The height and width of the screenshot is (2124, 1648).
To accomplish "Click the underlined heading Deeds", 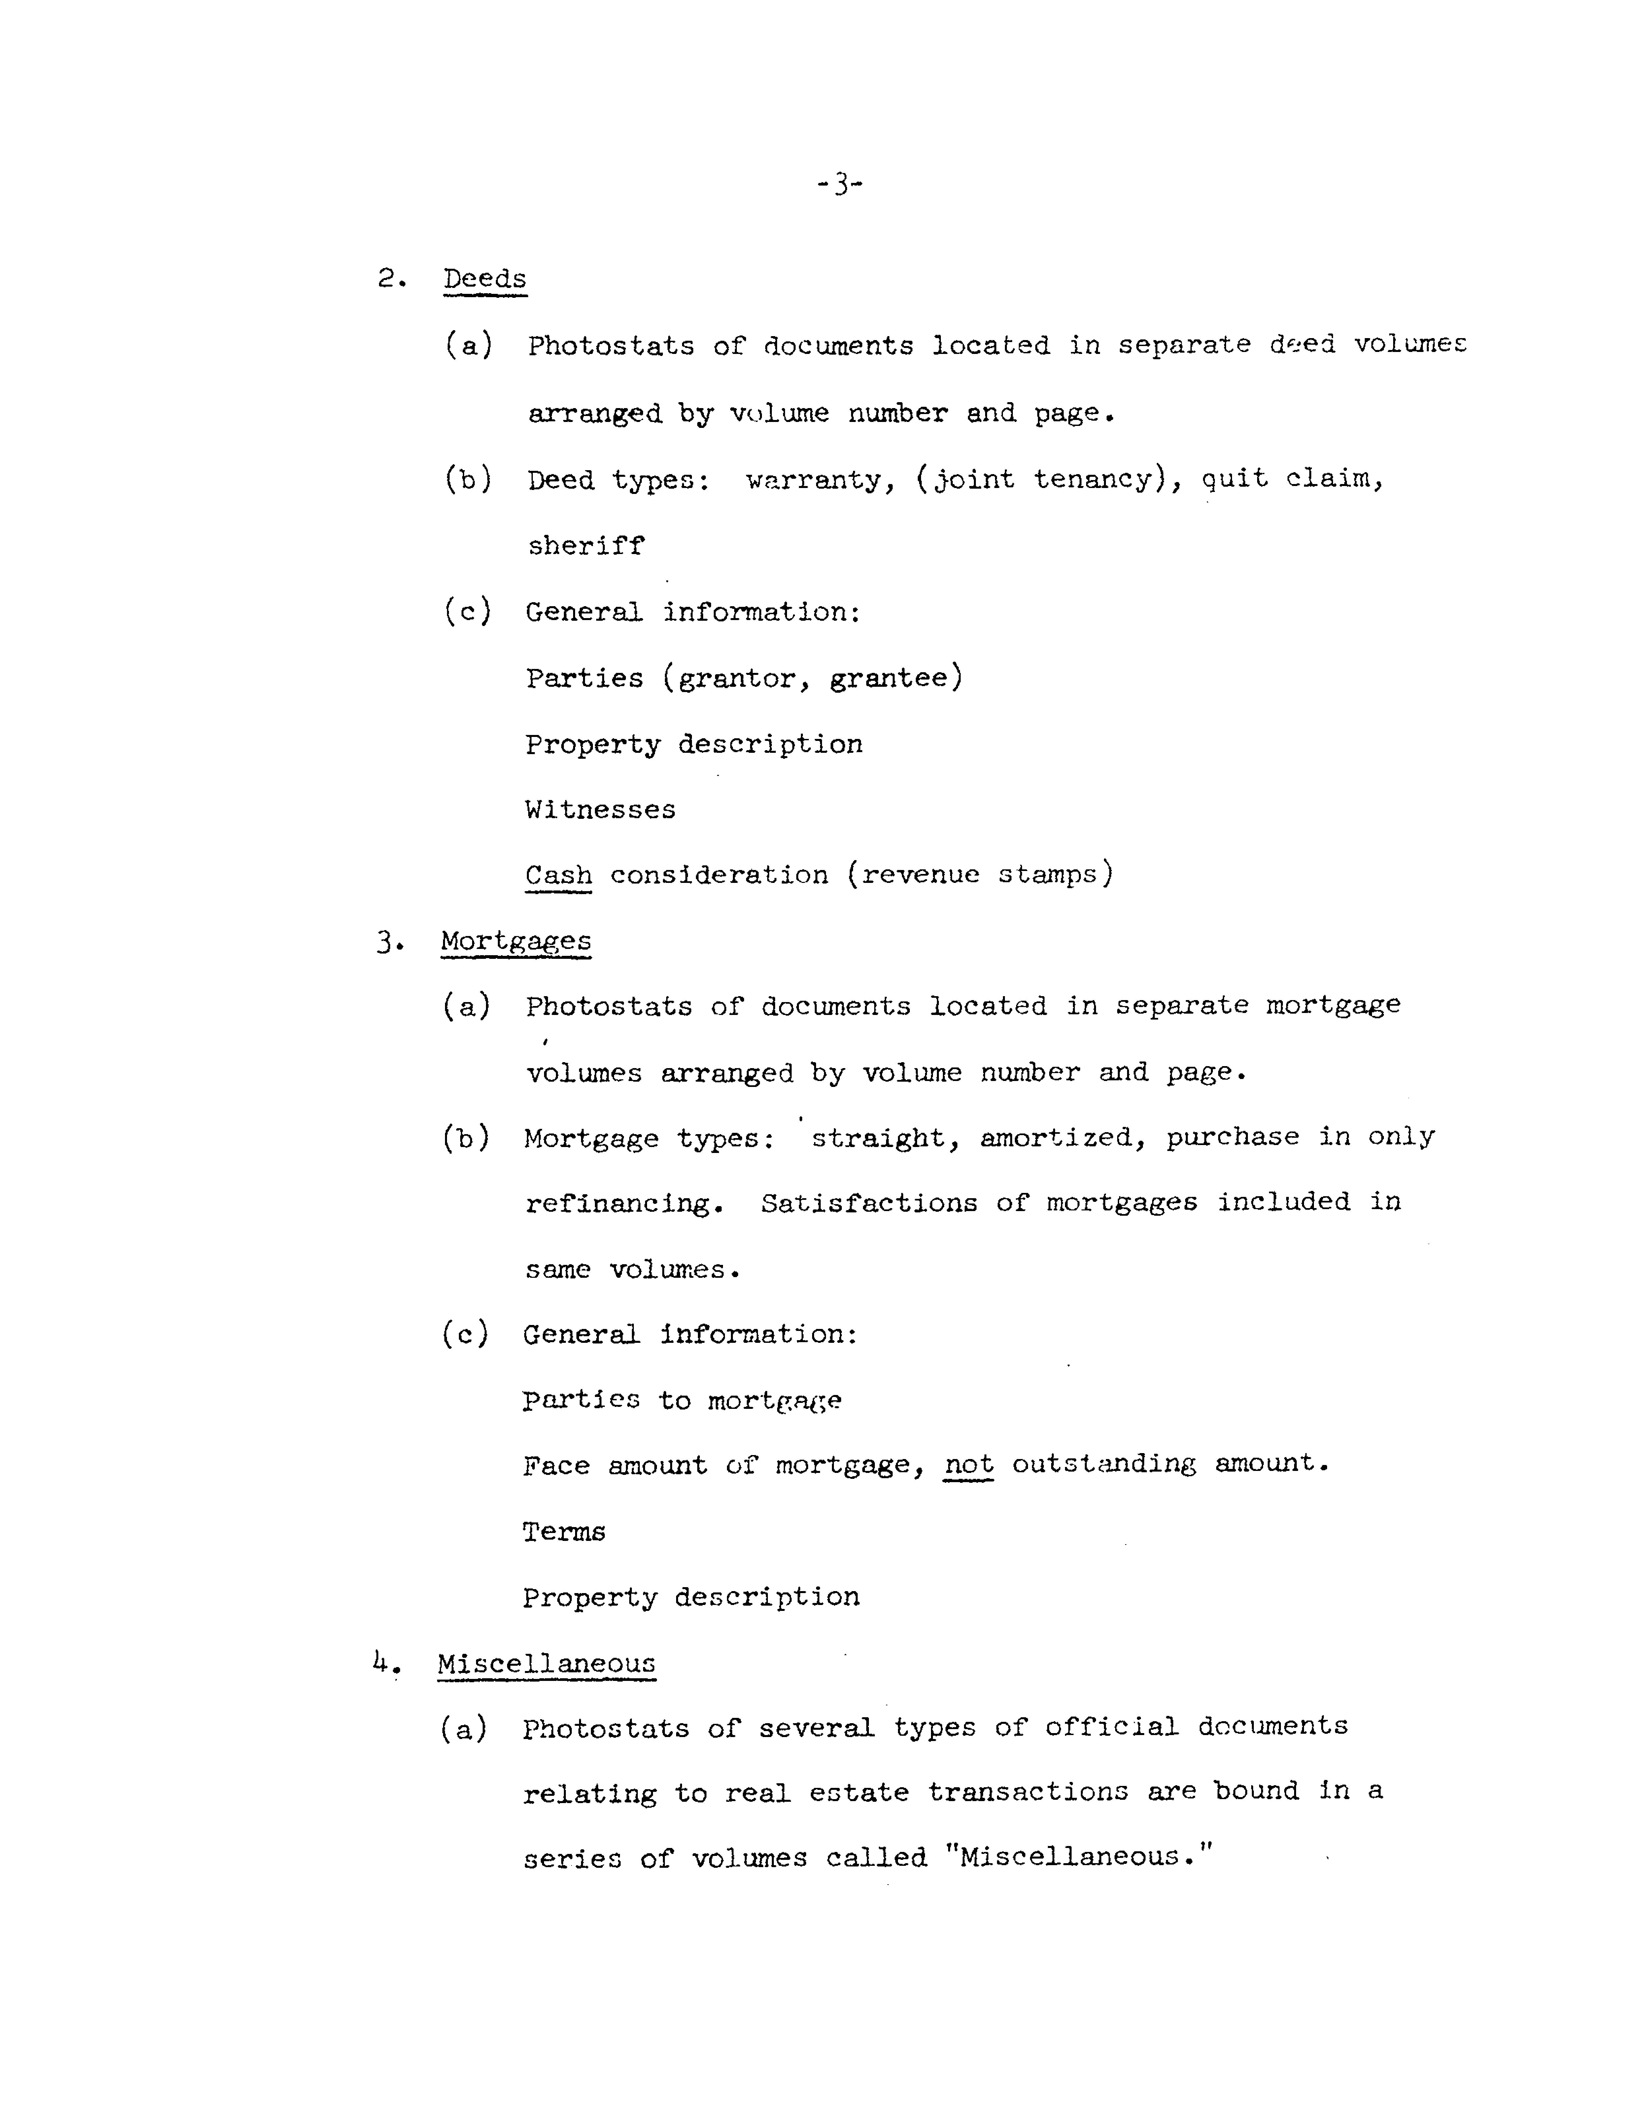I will pos(484,279).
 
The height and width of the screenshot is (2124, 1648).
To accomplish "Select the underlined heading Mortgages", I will pos(515,941).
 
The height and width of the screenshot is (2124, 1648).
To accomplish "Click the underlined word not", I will pos(968,1464).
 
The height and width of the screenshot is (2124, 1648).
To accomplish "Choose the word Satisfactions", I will pos(868,1203).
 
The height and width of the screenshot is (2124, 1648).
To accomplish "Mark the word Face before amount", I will pos(556,1465).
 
